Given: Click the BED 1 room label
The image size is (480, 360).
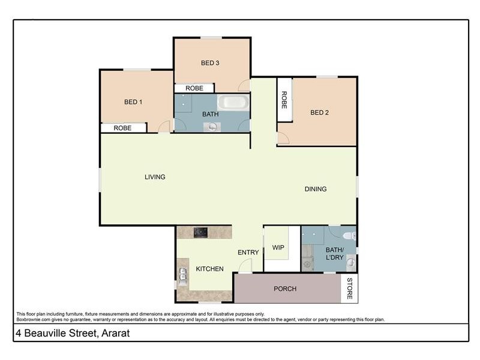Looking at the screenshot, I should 133,101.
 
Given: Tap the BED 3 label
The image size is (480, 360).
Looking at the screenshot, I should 209,63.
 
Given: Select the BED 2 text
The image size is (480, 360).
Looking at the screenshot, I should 319,112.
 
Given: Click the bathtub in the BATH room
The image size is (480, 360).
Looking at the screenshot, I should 232,102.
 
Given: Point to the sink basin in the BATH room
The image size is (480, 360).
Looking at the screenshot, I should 212,126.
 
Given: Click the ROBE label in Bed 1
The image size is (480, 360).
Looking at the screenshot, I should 122,128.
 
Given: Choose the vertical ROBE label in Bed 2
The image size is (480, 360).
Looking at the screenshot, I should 284,100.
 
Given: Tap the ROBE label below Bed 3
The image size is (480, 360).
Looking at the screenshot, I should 194,88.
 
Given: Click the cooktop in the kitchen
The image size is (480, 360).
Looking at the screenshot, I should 201,232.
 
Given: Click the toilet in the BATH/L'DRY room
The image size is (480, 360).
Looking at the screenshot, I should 351,236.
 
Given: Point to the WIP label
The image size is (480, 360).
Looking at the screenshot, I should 278,247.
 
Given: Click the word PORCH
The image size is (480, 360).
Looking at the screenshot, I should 285,289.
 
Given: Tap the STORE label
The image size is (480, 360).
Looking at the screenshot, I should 349,289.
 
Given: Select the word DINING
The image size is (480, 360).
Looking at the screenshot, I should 316,189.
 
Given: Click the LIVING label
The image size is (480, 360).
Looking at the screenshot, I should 155,177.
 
